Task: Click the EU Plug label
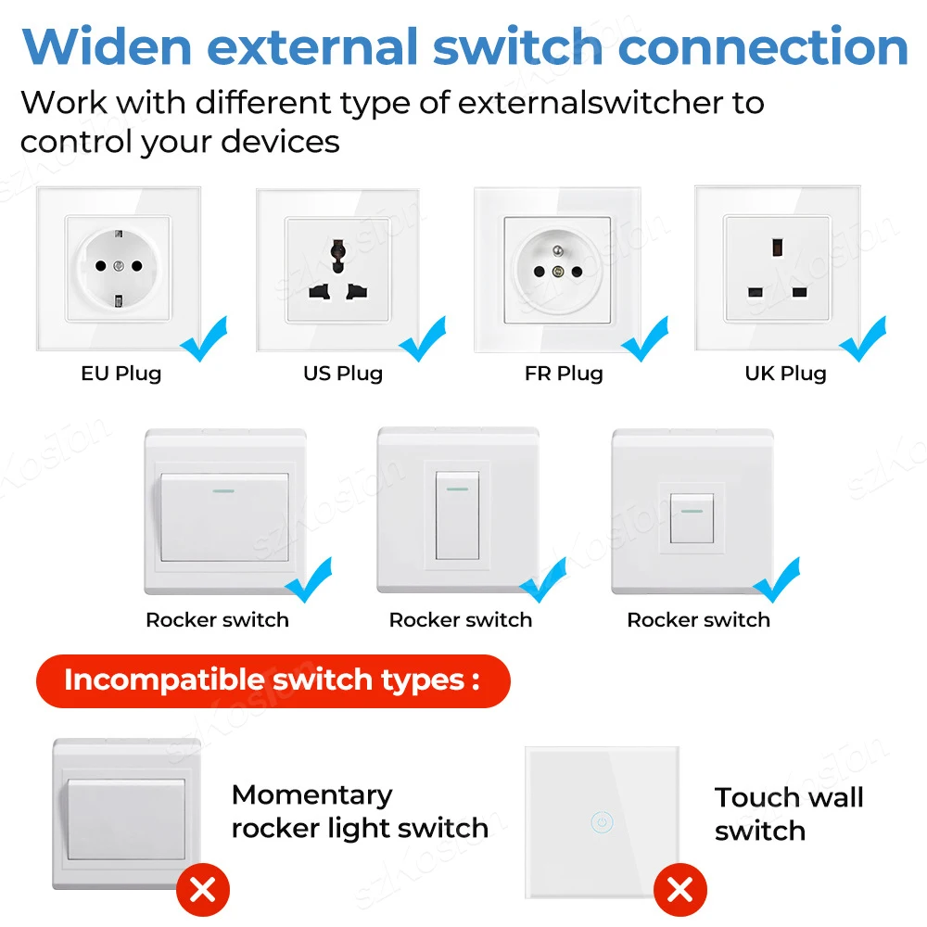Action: [x=121, y=374]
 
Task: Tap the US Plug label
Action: [x=343, y=374]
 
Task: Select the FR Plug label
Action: [x=564, y=374]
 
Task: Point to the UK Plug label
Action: [x=785, y=374]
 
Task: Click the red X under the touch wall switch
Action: [x=679, y=892]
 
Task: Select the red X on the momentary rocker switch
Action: [x=203, y=892]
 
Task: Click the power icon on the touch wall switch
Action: [x=601, y=821]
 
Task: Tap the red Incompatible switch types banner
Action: [x=273, y=680]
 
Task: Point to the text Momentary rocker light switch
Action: [x=360, y=811]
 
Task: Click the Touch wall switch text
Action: [x=788, y=813]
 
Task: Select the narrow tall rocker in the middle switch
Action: [x=457, y=515]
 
